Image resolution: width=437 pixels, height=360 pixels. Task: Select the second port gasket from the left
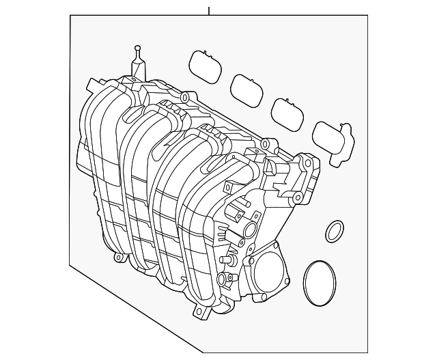pos(247,87)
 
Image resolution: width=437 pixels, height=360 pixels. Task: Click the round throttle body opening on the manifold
pos(272,271)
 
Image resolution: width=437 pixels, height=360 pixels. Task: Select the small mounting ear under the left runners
pos(119,258)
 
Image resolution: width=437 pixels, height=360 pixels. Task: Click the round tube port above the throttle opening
pos(250,230)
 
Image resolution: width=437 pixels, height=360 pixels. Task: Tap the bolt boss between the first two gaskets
pos(185,98)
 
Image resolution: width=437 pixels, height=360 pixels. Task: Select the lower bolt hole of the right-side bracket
pos(298,199)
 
